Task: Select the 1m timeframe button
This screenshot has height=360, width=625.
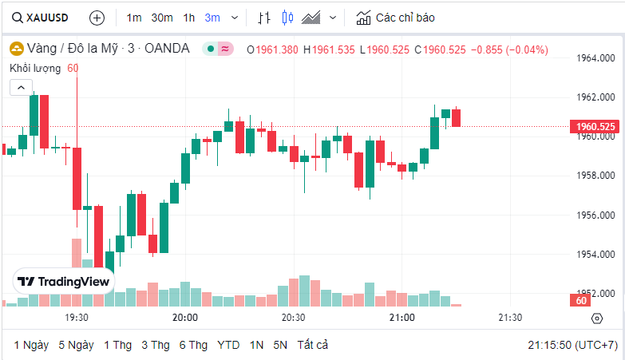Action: [134, 17]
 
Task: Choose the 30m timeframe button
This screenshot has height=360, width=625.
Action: [162, 17]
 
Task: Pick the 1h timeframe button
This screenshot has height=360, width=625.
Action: [188, 17]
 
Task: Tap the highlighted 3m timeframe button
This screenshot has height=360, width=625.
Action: [212, 17]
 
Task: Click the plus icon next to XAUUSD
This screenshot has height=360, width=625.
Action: [97, 17]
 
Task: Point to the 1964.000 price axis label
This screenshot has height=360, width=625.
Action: [595, 58]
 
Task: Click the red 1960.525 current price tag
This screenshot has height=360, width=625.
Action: [595, 126]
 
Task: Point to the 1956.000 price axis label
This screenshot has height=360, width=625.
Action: [595, 215]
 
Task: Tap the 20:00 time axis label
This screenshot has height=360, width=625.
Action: [185, 318]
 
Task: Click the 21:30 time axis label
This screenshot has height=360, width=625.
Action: [510, 318]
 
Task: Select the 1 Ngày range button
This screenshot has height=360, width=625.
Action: [31, 345]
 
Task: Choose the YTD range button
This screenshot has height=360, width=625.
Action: [228, 345]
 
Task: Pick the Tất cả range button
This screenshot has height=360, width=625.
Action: [312, 345]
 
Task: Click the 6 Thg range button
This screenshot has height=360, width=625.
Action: [193, 345]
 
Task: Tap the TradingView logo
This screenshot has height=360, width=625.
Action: [64, 282]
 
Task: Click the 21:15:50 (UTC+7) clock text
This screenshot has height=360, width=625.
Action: [572, 345]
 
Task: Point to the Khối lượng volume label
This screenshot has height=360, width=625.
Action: [35, 68]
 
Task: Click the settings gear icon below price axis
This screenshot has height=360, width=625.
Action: [597, 318]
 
